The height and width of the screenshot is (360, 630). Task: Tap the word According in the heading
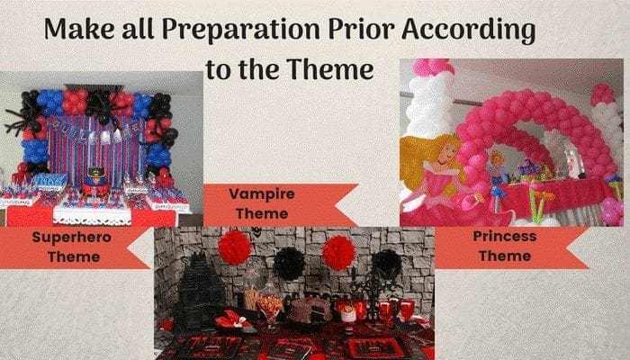468,30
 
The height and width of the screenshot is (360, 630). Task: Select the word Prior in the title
360,29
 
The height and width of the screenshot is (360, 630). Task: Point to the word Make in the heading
79,29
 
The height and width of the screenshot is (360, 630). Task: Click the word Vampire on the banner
262,194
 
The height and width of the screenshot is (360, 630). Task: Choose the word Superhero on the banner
71,238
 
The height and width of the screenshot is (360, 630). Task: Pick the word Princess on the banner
505,236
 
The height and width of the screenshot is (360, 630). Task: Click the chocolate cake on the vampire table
310,310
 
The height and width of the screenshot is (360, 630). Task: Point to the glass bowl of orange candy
269,309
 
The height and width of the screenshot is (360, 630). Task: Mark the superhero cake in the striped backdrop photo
94,182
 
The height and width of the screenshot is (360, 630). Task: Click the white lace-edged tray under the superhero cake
93,216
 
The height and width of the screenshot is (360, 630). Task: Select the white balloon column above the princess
430,105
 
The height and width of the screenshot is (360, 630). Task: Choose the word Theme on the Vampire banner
262,214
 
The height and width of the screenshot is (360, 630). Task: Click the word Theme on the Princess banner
505,256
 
